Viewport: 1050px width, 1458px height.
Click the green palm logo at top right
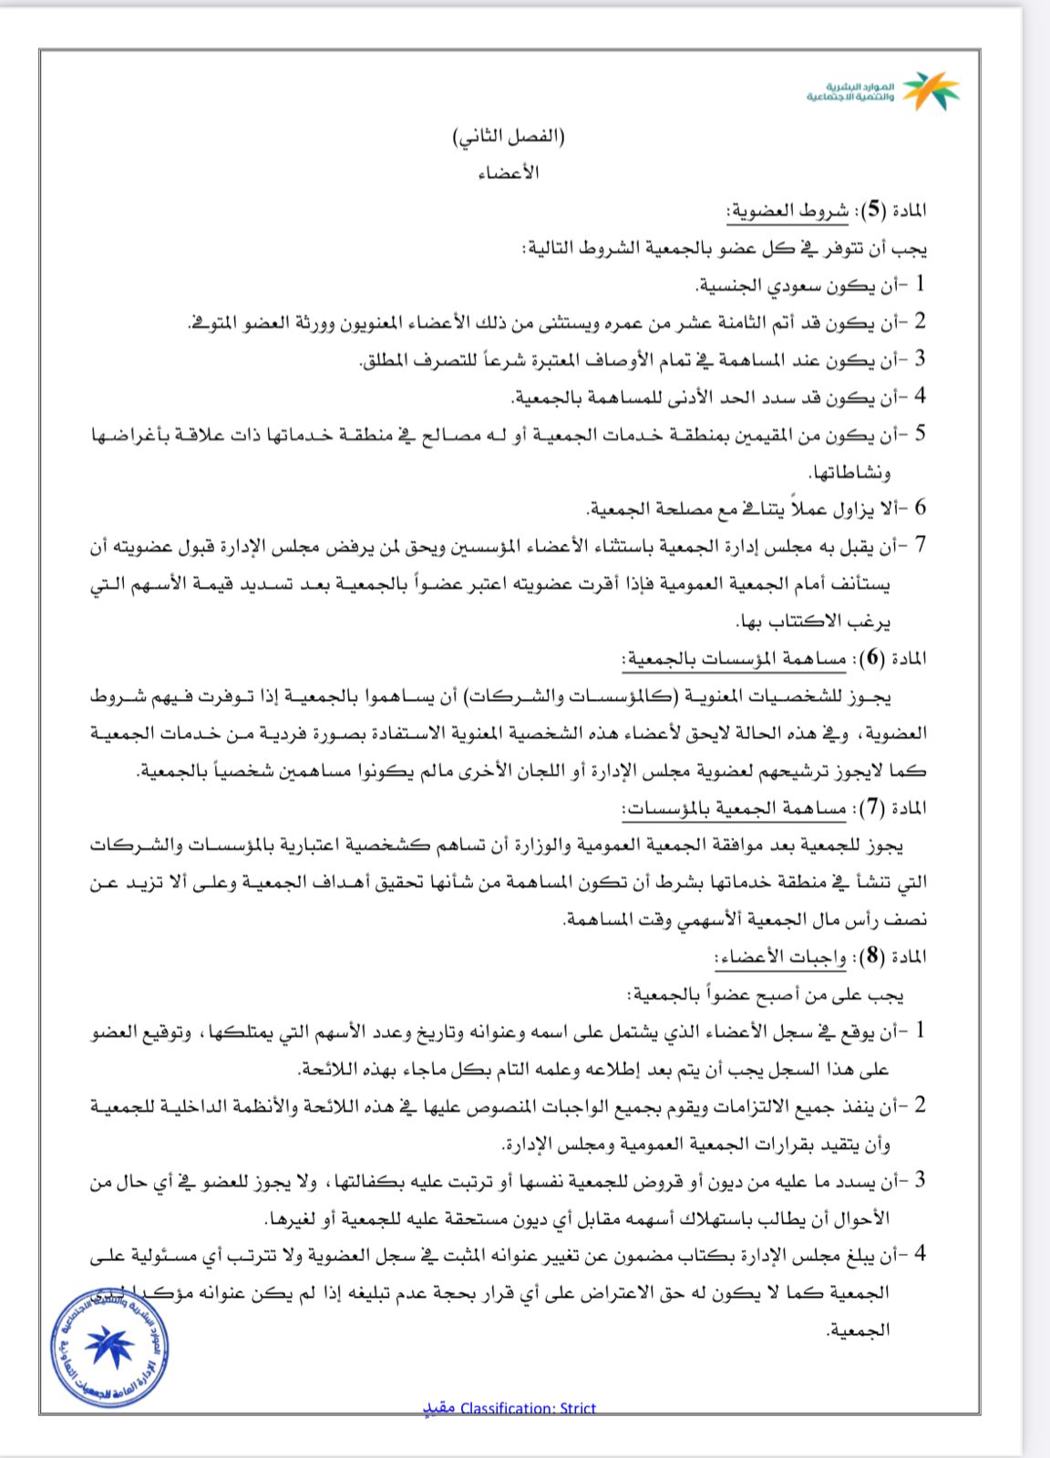coord(932,90)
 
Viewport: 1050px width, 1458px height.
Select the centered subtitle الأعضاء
coord(509,172)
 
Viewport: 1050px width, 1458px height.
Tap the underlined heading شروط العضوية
coord(787,211)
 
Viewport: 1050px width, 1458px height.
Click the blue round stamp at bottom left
coord(110,1347)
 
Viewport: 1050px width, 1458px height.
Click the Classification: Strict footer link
coord(510,1408)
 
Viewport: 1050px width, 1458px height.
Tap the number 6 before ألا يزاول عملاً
coord(921,508)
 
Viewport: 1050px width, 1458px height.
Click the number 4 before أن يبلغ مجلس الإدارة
coord(921,1254)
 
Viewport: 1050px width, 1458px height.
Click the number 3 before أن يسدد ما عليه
coord(921,1180)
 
